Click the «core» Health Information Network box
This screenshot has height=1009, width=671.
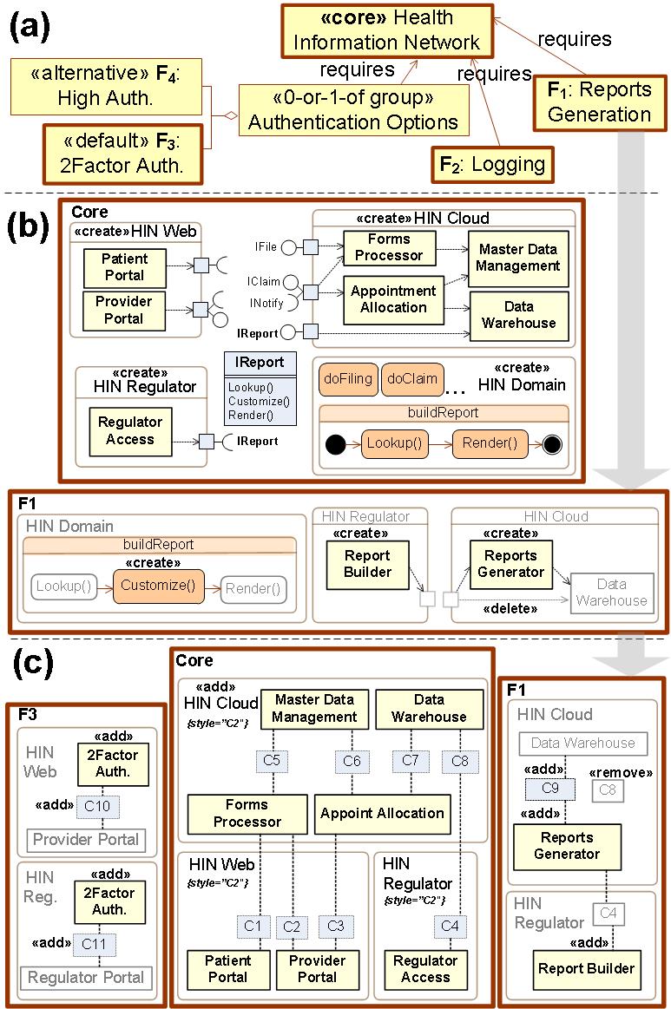(x=386, y=29)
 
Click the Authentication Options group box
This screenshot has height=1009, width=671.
(x=352, y=109)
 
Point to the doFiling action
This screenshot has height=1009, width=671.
(x=348, y=379)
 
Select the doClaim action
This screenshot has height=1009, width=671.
(x=411, y=379)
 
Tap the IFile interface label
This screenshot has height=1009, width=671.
(x=266, y=247)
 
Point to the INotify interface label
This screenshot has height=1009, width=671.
(x=266, y=304)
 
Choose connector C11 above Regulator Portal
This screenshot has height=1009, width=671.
(x=98, y=943)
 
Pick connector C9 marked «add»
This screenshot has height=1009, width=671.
(x=549, y=788)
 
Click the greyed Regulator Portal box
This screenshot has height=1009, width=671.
(x=85, y=978)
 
